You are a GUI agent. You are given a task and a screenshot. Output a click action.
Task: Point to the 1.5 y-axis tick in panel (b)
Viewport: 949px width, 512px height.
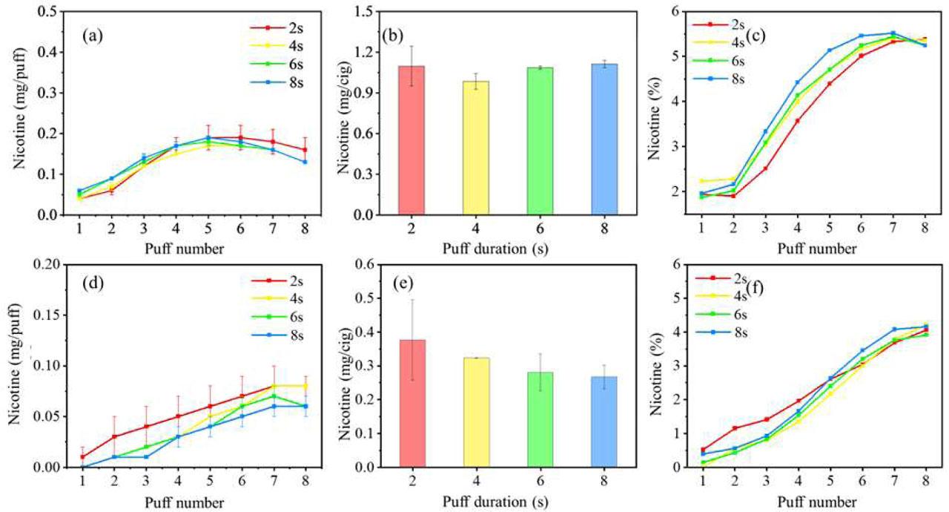pos(363,12)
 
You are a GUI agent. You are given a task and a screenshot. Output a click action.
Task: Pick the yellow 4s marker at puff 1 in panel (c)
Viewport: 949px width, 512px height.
pos(703,180)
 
